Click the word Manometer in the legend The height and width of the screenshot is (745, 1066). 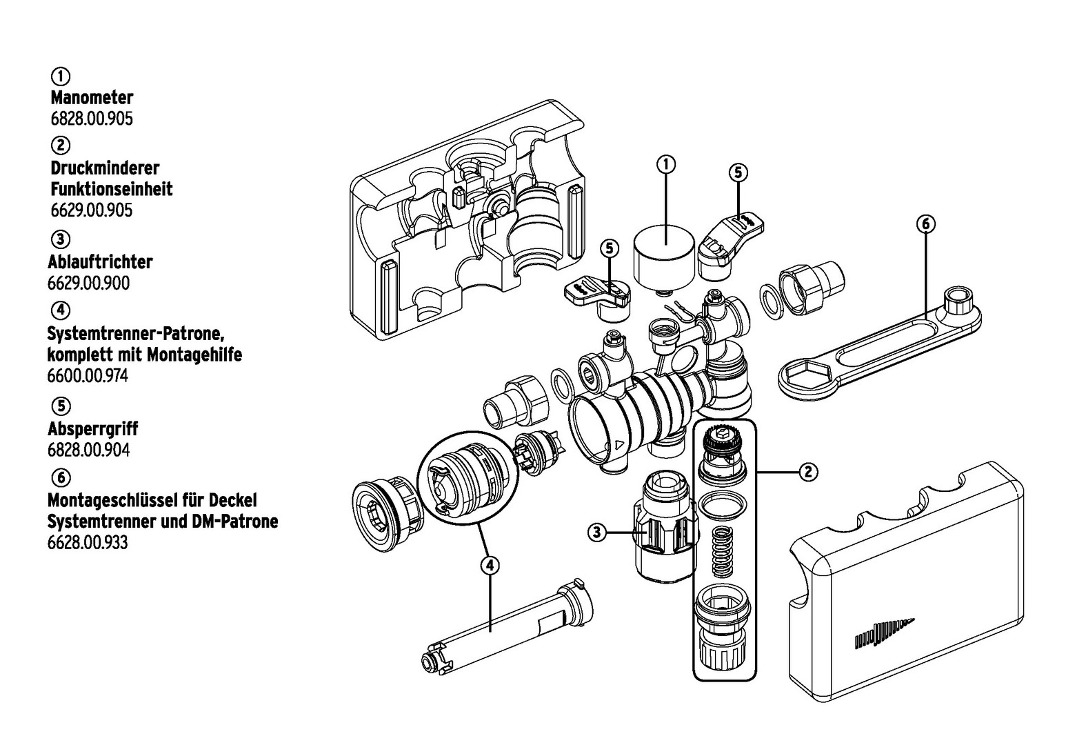click(92, 97)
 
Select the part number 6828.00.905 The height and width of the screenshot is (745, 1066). click(92, 119)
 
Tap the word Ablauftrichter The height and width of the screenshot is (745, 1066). click(100, 262)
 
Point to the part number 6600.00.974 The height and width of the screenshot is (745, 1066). click(88, 377)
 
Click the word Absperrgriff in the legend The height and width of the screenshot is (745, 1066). click(92, 428)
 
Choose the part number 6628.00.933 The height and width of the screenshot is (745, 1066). click(88, 543)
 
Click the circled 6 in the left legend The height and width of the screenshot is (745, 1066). click(61, 477)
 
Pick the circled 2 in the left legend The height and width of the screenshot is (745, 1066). click(61, 146)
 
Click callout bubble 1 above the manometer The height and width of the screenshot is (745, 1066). click(665, 164)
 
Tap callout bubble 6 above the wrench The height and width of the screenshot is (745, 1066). click(925, 223)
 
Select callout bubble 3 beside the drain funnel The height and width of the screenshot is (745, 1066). click(597, 532)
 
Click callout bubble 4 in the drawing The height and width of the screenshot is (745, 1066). click(489, 565)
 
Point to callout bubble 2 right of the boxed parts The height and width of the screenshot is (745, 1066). click(808, 472)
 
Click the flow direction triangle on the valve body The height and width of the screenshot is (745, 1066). click(619, 445)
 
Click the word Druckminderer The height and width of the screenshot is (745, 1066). click(105, 168)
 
